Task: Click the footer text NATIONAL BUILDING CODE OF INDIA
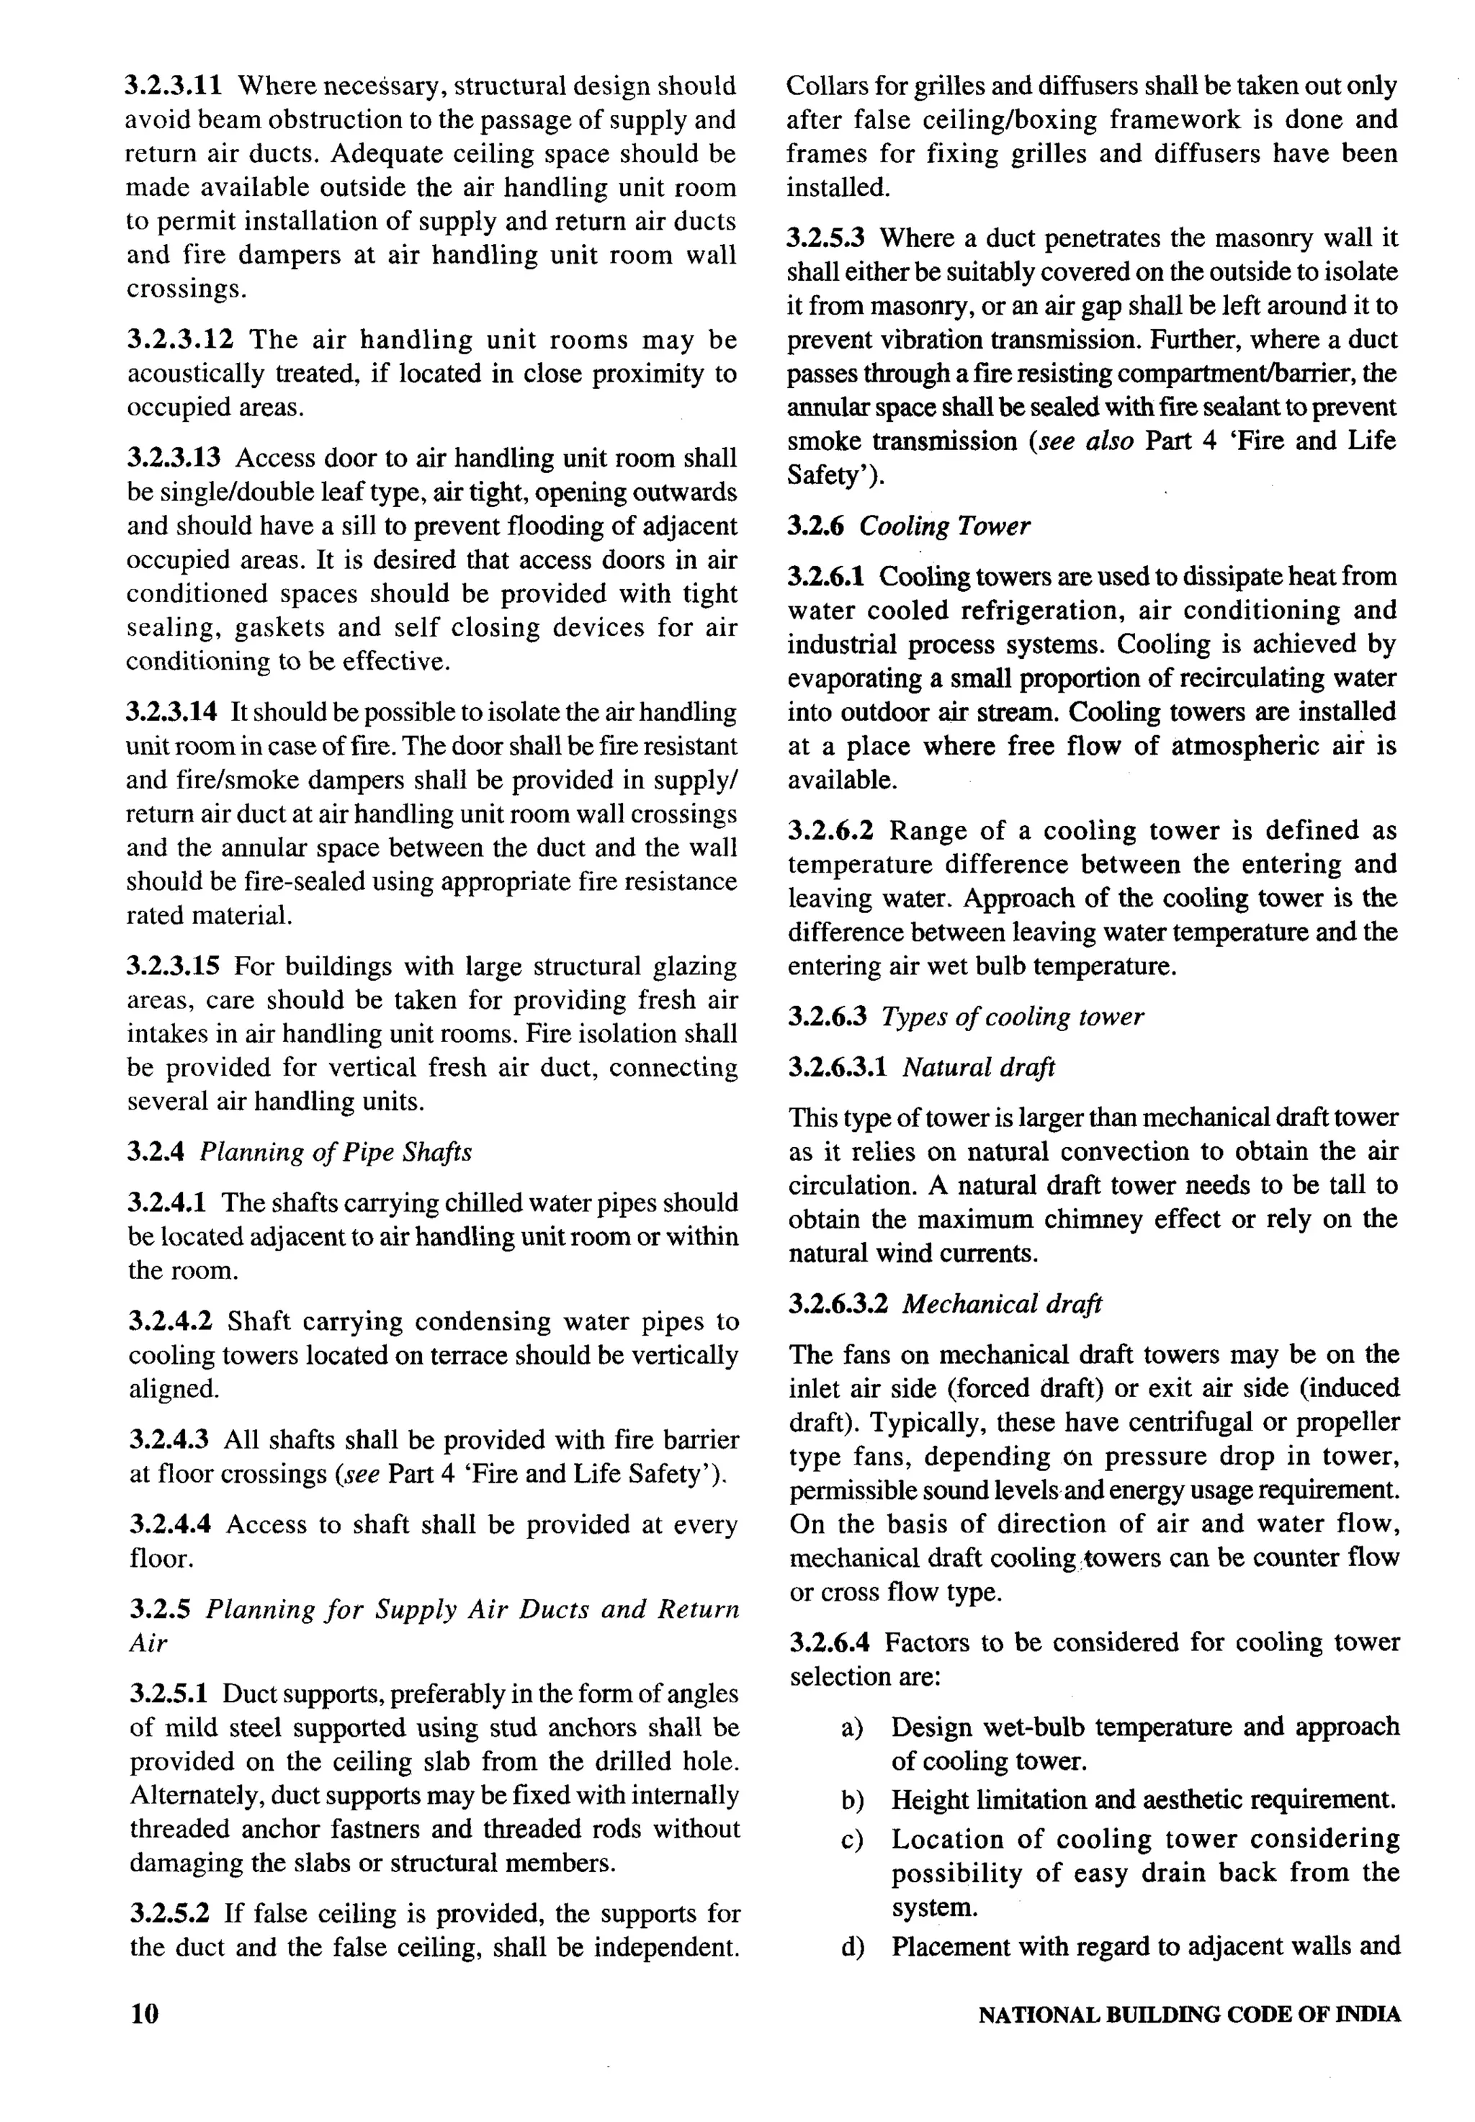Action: pyautogui.click(x=1188, y=2015)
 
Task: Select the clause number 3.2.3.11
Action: pyautogui.click(x=174, y=86)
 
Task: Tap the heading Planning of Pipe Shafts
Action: pyautogui.click(x=336, y=1152)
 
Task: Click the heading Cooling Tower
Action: pyautogui.click(x=943, y=526)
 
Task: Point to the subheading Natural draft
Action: pyautogui.click(x=978, y=1067)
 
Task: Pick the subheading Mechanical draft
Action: pyautogui.click(x=1002, y=1303)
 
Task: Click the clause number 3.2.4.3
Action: pyautogui.click(x=169, y=1439)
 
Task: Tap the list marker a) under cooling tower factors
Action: pyautogui.click(x=851, y=1727)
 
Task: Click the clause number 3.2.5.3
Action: pyautogui.click(x=825, y=238)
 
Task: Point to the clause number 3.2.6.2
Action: pyautogui.click(x=830, y=830)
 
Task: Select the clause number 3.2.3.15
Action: pyautogui.click(x=173, y=966)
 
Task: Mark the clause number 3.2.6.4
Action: pyautogui.click(x=829, y=1642)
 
